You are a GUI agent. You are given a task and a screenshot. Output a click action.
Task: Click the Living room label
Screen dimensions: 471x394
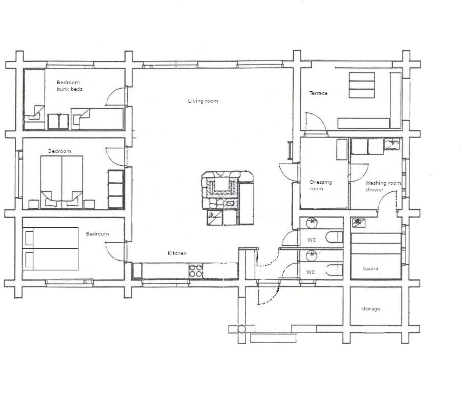tap(203, 101)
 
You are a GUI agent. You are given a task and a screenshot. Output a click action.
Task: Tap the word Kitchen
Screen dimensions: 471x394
tap(177, 253)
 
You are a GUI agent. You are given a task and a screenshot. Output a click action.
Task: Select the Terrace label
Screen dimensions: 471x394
tap(318, 93)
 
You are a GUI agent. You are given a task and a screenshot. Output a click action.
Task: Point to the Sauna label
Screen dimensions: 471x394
tap(371, 269)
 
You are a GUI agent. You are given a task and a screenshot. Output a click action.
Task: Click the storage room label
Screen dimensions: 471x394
tap(371, 309)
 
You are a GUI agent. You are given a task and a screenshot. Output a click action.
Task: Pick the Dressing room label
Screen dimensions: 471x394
tap(321, 185)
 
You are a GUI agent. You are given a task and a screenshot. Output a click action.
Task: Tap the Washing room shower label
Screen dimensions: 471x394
tap(383, 186)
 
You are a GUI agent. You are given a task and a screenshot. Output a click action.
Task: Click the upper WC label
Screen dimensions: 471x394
tap(312, 240)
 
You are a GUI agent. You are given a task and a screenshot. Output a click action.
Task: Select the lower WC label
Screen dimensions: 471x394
tap(311, 272)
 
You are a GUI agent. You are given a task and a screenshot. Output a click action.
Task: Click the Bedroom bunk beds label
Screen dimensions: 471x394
tap(70, 86)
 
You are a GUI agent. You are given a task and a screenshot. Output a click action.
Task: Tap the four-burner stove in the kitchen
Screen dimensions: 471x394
tap(196, 270)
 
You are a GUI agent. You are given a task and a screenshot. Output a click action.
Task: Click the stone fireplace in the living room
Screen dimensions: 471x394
tap(221, 190)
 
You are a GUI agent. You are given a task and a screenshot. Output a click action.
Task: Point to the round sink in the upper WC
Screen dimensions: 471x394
tap(312, 223)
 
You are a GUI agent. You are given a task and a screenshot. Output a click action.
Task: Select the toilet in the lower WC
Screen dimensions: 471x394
tap(334, 270)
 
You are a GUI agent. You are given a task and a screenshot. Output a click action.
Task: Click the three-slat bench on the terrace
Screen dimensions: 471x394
tap(362, 85)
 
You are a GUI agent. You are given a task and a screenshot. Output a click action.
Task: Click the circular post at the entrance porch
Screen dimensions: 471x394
tap(241, 329)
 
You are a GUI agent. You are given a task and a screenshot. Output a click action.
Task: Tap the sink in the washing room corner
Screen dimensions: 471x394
tap(392, 144)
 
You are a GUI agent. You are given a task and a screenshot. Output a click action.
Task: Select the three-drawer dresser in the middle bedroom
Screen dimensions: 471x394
tap(116, 189)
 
